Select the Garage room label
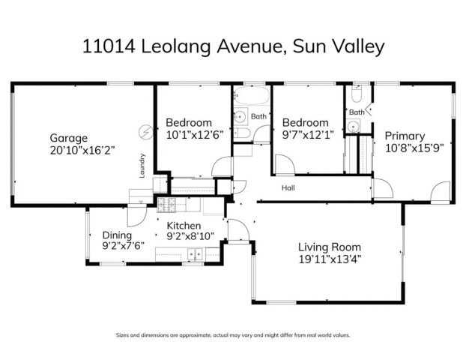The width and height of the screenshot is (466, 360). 69,138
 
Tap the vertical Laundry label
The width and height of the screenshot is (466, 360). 142,166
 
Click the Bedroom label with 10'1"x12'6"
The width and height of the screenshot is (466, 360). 188,122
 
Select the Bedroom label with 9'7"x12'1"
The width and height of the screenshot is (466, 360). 305,122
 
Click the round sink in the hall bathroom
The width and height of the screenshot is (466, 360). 240,116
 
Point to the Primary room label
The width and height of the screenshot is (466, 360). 405,136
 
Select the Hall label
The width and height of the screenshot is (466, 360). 288,188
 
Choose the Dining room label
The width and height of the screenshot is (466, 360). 116,233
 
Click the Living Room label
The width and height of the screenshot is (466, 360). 330,247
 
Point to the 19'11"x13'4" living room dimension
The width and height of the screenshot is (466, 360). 330,259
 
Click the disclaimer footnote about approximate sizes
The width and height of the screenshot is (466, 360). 232,335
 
